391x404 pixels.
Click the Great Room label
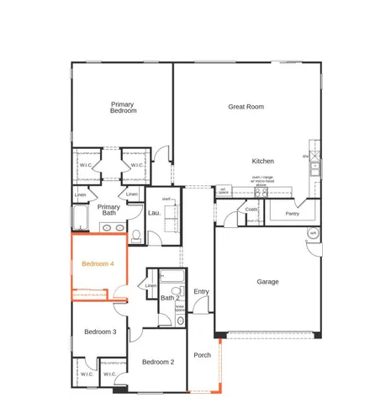(246, 107)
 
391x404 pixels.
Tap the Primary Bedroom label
(123, 107)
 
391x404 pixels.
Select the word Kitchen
(263, 161)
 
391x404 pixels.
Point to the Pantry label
(292, 214)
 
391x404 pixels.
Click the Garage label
(267, 282)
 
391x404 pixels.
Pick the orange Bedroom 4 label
(98, 264)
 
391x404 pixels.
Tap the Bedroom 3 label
(100, 332)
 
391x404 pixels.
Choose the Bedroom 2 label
(157, 362)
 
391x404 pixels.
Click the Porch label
(202, 354)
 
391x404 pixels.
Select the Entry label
(201, 291)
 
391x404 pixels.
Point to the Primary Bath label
(108, 210)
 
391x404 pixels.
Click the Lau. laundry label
(154, 213)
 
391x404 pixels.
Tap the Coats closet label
(251, 210)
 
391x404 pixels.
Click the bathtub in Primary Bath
(81, 221)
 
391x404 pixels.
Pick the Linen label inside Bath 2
(151, 286)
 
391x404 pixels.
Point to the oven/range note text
(262, 179)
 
